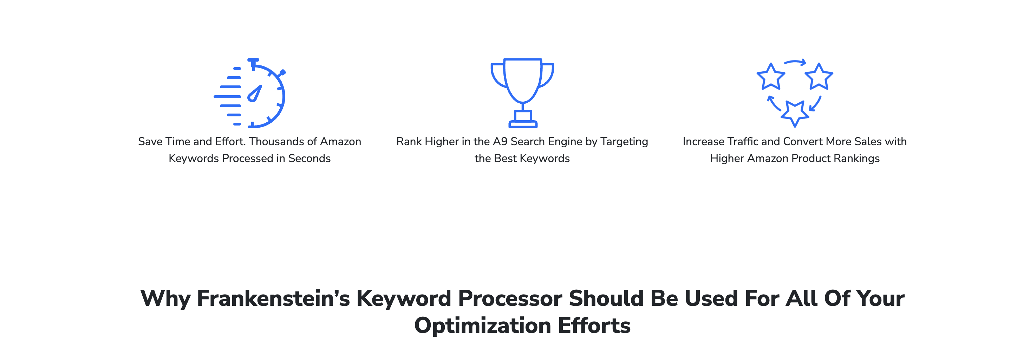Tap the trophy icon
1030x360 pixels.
[x=522, y=93]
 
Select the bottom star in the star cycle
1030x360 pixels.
[x=795, y=113]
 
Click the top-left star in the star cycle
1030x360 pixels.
[x=771, y=76]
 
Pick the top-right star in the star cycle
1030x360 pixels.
[x=819, y=76]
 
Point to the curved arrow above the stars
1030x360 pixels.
[x=795, y=62]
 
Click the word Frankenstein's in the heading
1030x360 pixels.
[x=273, y=298]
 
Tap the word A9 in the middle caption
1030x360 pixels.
[x=500, y=142]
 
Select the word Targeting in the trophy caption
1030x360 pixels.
[x=624, y=142]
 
